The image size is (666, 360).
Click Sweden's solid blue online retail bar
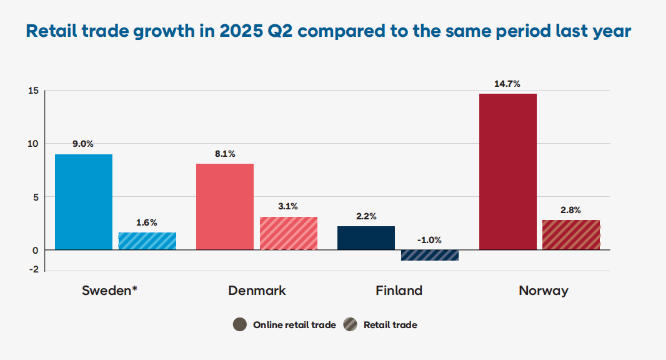click(x=84, y=202)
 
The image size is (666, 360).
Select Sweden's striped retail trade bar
click(x=147, y=241)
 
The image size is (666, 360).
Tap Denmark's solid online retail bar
click(x=225, y=207)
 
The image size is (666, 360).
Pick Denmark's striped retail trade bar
click(x=288, y=233)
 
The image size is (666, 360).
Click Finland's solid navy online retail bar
click(x=366, y=238)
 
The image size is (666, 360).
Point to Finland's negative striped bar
click(x=430, y=255)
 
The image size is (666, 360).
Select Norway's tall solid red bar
click(x=508, y=172)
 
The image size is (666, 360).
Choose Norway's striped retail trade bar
click(x=571, y=235)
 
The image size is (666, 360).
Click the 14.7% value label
click(x=507, y=84)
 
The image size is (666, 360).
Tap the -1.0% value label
click(x=429, y=240)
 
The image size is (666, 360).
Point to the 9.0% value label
click(x=83, y=144)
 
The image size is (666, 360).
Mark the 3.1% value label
click(x=288, y=206)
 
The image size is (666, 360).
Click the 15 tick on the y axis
click(x=33, y=91)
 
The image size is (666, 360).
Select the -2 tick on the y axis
click(x=34, y=270)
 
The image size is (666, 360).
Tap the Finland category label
click(x=399, y=290)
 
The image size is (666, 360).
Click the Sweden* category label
click(x=110, y=290)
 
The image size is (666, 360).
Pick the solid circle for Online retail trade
click(x=240, y=324)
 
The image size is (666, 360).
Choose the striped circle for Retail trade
click(x=350, y=324)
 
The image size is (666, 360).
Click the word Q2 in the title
click(x=279, y=31)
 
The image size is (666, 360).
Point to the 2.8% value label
click(x=570, y=210)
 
